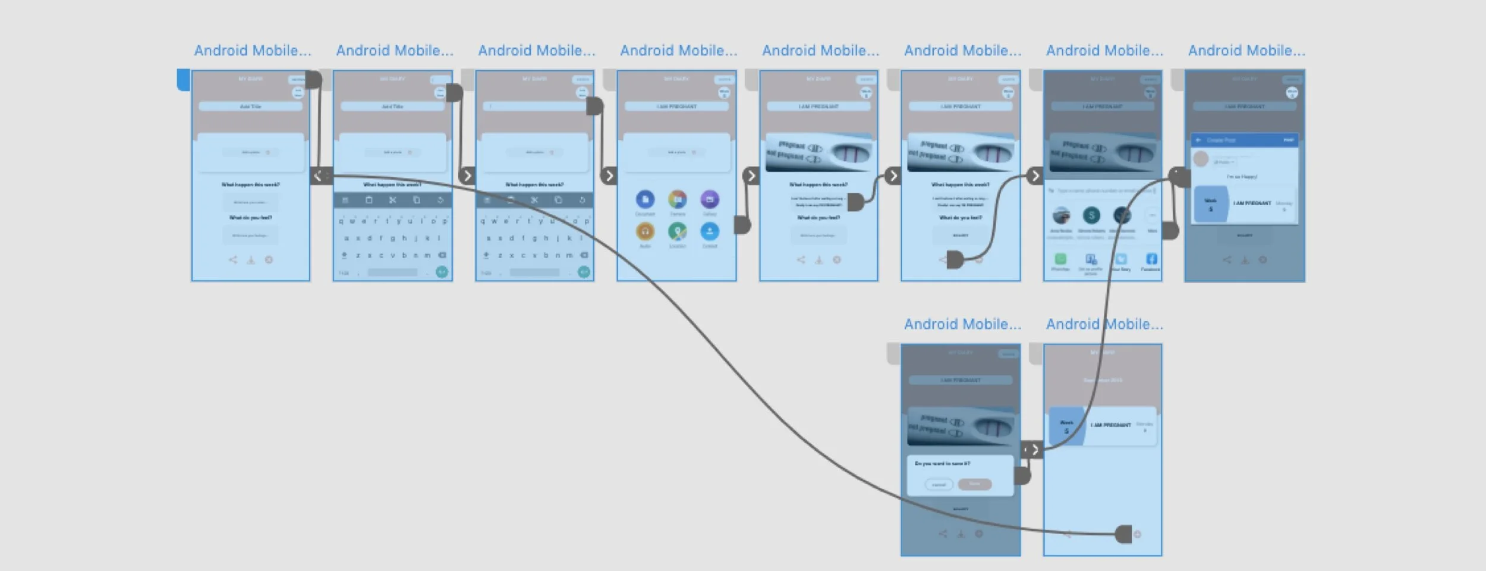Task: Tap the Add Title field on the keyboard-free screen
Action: pos(250,106)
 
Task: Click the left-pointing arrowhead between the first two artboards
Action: pos(317,175)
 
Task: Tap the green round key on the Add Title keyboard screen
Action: pos(442,272)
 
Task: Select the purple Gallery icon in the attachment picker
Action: pos(709,199)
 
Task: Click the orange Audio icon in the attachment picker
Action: pos(645,231)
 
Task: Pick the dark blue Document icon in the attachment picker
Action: pos(645,199)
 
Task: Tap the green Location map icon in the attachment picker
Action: pos(677,231)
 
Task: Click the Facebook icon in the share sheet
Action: pos(1151,259)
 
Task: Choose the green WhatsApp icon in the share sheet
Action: pos(1060,259)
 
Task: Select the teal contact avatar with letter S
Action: pos(1091,215)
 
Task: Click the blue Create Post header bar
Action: pos(1244,140)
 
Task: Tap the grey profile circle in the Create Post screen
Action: pos(1201,159)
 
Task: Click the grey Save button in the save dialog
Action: pos(975,484)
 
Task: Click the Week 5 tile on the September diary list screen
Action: pos(1066,426)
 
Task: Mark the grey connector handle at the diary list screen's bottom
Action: pos(1123,534)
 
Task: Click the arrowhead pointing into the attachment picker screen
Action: pos(609,175)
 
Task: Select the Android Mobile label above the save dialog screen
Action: pos(962,324)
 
